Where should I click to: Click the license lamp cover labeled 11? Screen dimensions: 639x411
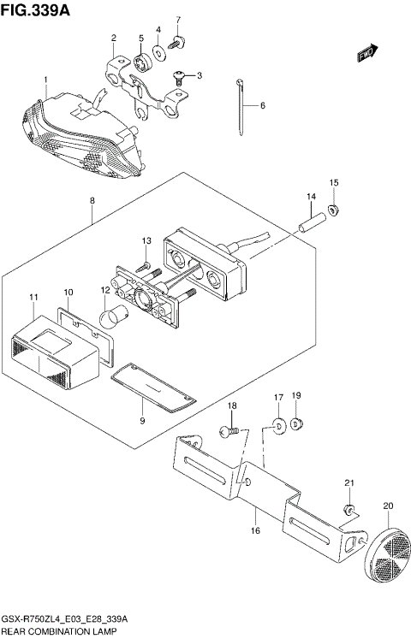coord(52,351)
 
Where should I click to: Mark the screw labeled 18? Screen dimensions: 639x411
coord(229,433)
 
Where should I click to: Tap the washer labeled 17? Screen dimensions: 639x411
coord(279,424)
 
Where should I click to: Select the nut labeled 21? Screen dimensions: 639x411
coord(348,510)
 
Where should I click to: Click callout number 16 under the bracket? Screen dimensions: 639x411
coord(254,532)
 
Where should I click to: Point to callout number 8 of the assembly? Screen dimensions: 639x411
coord(92,202)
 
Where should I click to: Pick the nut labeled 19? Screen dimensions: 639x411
coord(297,423)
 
